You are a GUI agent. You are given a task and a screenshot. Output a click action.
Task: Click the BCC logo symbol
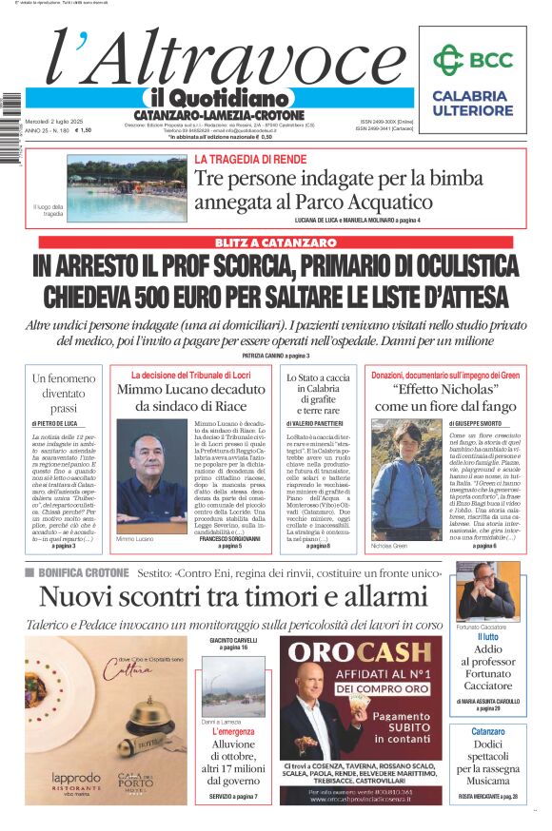446,61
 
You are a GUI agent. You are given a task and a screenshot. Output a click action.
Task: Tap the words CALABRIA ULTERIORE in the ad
469,103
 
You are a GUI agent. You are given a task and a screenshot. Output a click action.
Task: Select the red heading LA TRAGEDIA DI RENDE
245,160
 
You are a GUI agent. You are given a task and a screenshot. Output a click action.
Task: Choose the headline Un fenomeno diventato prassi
65,392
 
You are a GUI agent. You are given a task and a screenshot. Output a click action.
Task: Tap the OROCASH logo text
360,652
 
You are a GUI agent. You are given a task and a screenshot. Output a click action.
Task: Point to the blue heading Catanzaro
487,731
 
